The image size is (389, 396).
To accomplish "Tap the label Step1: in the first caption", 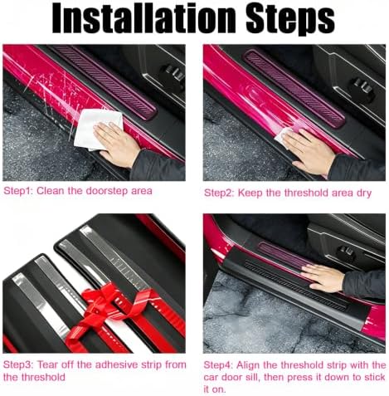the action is tap(18, 191).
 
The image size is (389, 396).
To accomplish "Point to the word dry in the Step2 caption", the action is tap(363, 193).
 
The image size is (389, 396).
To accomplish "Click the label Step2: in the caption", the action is tap(219, 193).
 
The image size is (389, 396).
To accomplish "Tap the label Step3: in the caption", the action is tap(18, 364).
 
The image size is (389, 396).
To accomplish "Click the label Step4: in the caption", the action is tap(218, 365).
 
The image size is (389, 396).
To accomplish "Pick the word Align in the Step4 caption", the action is tap(248, 365).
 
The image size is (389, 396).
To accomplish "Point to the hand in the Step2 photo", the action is tap(309, 153).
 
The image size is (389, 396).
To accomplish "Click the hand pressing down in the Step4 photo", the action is tap(323, 277).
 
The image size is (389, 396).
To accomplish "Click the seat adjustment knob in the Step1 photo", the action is tap(172, 73).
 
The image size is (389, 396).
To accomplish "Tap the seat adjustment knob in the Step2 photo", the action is tap(362, 86).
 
